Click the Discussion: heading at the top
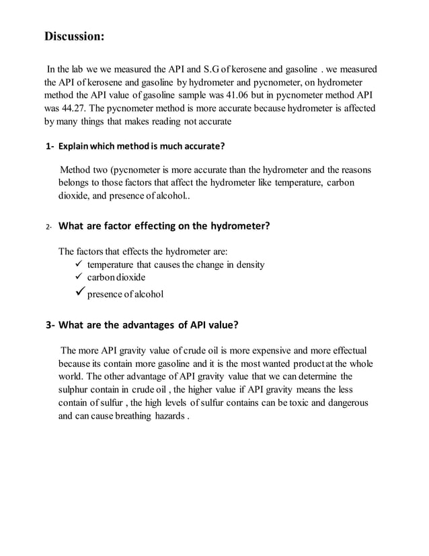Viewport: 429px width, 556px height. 75,36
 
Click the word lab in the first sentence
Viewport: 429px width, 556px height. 76,70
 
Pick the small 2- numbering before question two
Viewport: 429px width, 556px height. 49,228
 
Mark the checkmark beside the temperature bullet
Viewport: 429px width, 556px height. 75,265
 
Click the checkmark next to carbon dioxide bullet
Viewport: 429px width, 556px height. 75,277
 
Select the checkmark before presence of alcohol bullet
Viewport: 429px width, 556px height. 76,293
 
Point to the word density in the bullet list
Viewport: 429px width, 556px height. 247,265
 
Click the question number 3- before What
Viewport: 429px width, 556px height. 50,325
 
